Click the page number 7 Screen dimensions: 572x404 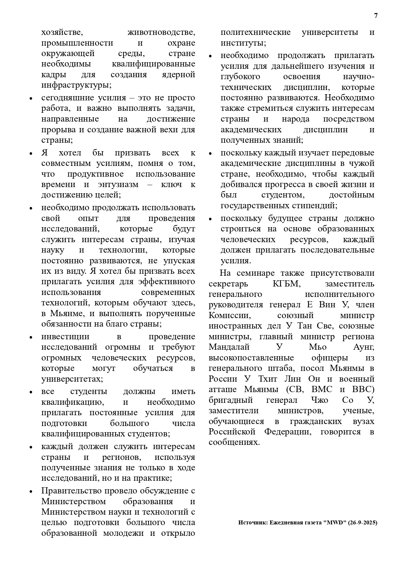376,16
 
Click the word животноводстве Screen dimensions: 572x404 161,33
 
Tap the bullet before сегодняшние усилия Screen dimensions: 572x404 31,98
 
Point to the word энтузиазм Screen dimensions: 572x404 118,184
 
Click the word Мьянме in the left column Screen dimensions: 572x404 68,314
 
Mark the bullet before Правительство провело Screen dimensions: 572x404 31,491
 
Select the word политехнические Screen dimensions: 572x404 256,33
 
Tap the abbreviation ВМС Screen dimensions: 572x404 322,389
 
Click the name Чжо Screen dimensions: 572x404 322,400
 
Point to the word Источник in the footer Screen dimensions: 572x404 252,522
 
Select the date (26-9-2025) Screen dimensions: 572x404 363,522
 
